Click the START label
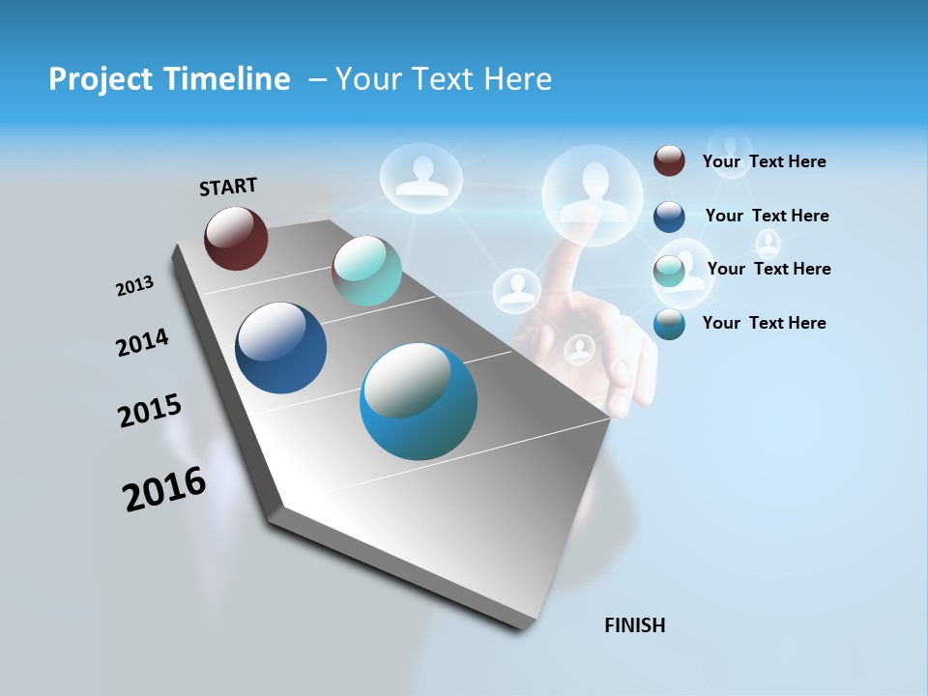point(228,187)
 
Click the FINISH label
point(635,625)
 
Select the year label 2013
point(134,286)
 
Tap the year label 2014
point(142,342)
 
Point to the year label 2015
point(150,411)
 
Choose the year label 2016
point(164,488)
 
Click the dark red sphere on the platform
point(236,238)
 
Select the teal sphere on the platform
point(366,272)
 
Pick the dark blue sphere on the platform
point(280,348)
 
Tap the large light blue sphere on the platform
point(418,401)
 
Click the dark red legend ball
point(669,160)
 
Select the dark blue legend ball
point(669,217)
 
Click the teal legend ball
point(669,272)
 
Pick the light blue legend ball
point(669,324)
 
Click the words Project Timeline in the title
point(169,79)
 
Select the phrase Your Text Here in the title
point(444,79)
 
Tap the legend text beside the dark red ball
point(764,161)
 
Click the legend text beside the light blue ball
point(764,323)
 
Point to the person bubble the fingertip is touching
point(593,192)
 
